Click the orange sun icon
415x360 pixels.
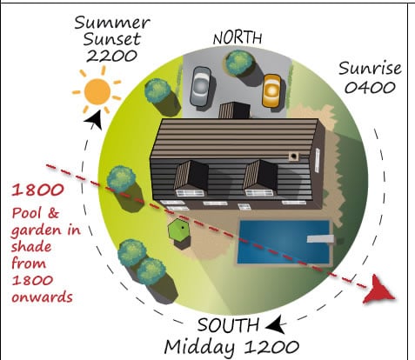point(97,91)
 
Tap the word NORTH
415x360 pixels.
point(238,38)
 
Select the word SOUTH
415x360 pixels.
point(228,325)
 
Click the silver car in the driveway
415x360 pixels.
point(201,87)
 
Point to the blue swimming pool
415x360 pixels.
point(284,243)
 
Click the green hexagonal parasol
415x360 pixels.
point(178,230)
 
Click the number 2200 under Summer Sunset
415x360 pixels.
point(111,56)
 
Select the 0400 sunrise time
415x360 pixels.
point(370,87)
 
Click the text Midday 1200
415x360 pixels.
point(231,346)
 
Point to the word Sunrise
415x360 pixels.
point(370,69)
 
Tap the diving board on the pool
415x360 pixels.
point(320,239)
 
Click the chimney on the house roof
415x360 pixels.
point(294,156)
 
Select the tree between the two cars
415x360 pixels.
point(240,63)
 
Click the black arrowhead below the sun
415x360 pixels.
point(94,120)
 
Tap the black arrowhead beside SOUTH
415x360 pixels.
point(276,324)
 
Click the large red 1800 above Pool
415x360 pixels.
point(37,190)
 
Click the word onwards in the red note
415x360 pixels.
point(42,297)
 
